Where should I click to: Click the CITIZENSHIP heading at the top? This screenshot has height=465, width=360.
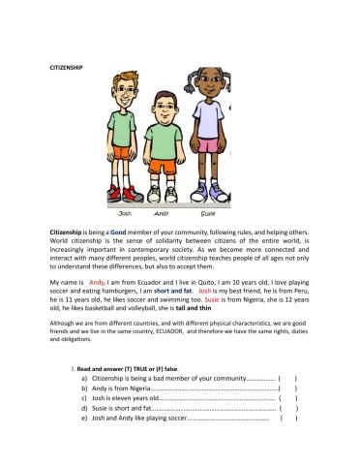[x=67, y=67]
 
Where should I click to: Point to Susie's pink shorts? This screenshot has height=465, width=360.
[x=207, y=146]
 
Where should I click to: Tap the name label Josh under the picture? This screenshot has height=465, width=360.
[x=125, y=211]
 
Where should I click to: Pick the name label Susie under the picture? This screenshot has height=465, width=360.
[x=208, y=211]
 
